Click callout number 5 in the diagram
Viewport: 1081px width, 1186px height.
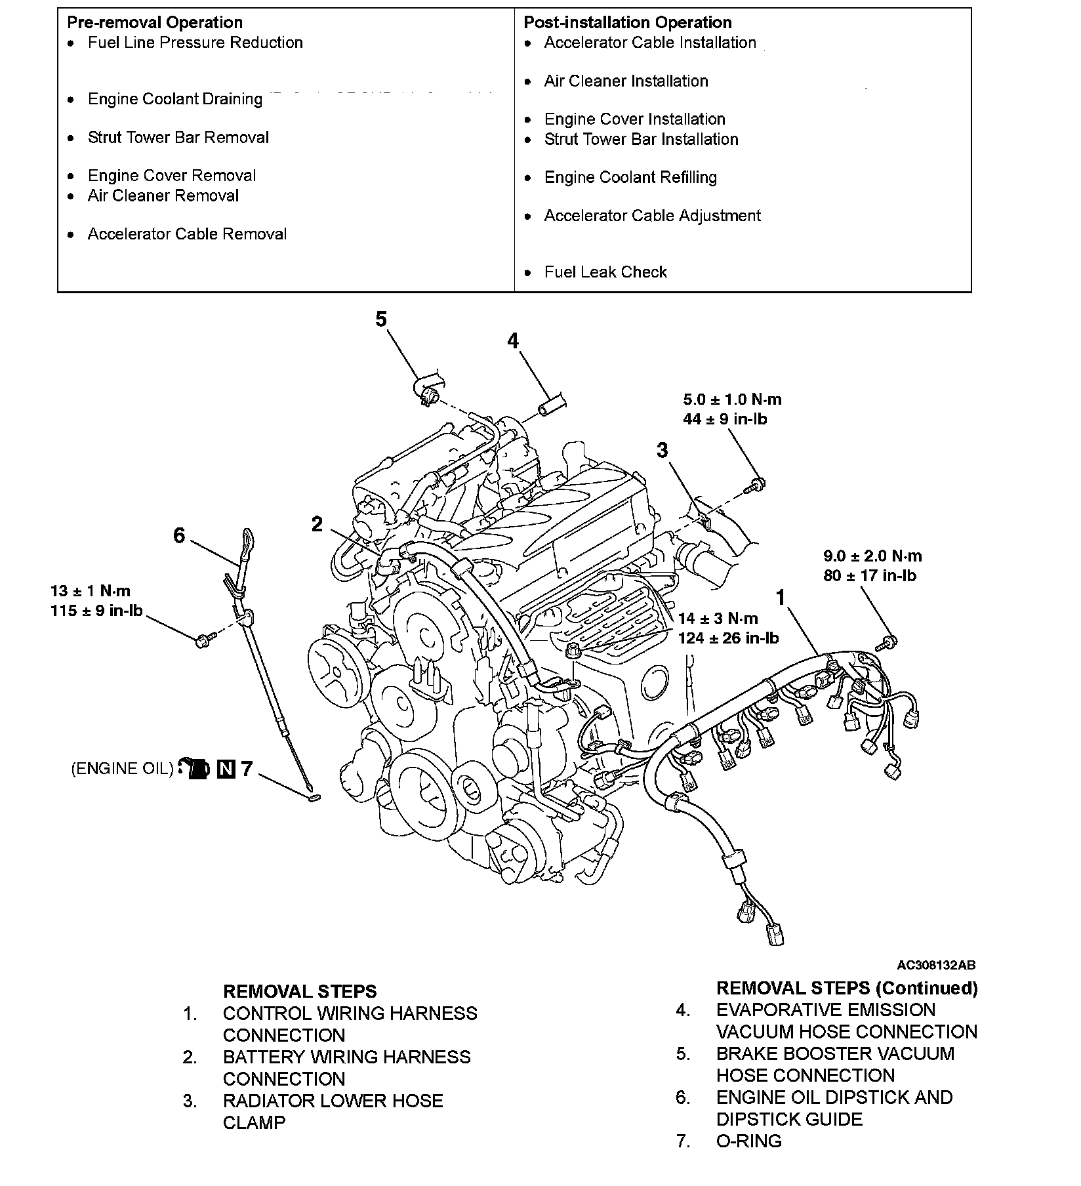pos(381,319)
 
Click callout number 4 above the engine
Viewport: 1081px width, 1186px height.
pos(512,341)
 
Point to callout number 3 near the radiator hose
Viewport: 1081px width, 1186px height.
pos(662,450)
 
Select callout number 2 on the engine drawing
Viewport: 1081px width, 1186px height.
pos(317,524)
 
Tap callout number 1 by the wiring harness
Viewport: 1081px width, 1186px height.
pos(781,598)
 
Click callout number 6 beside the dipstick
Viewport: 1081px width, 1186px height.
pos(179,536)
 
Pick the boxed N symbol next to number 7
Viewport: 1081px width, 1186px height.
pos(226,769)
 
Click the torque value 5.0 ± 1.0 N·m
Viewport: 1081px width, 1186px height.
pos(732,399)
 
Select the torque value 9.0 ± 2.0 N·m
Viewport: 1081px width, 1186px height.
pos(872,556)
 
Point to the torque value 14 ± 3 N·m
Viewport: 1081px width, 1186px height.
pos(718,618)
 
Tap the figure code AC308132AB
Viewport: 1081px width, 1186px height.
pos(936,965)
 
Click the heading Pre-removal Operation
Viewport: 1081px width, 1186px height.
pos(155,23)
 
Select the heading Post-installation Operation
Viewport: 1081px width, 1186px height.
pos(627,23)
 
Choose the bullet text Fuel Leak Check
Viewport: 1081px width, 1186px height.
pos(605,272)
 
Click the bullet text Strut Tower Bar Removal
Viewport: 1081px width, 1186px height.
pos(178,138)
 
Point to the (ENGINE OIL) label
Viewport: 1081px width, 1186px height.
pos(122,769)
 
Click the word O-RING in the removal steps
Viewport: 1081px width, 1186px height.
pos(749,1141)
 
